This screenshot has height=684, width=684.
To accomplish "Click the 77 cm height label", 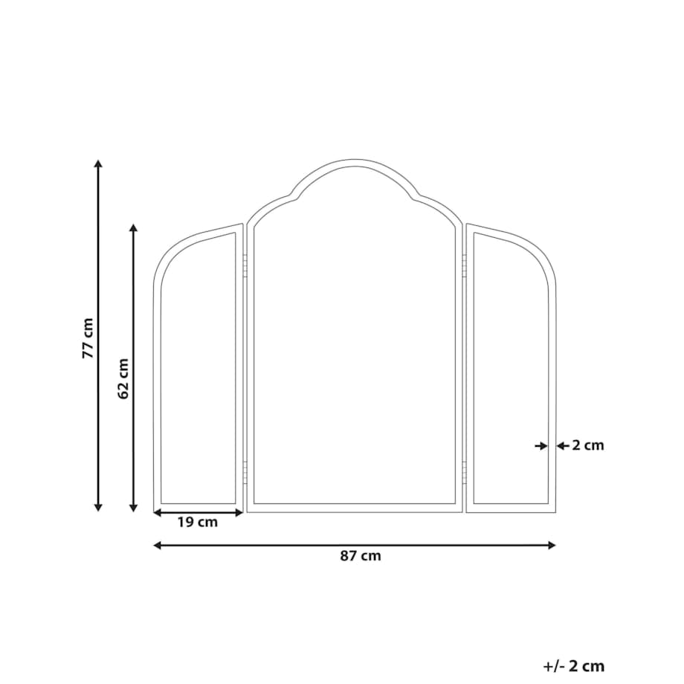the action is [88, 338].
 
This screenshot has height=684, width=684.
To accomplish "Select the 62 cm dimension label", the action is [123, 378].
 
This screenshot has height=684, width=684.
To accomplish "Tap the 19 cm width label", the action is [197, 522].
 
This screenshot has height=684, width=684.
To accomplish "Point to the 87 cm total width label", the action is [361, 556].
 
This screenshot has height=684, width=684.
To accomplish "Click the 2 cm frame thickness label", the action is [588, 445].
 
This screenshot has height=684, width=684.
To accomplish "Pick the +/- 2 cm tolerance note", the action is [574, 667].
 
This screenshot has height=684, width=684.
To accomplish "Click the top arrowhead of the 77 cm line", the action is [99, 164].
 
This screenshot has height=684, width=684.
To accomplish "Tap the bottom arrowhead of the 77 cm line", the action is [99, 507].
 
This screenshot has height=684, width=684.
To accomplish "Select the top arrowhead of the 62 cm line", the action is [134, 228].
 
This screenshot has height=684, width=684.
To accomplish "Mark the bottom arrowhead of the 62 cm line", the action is [134, 507].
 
